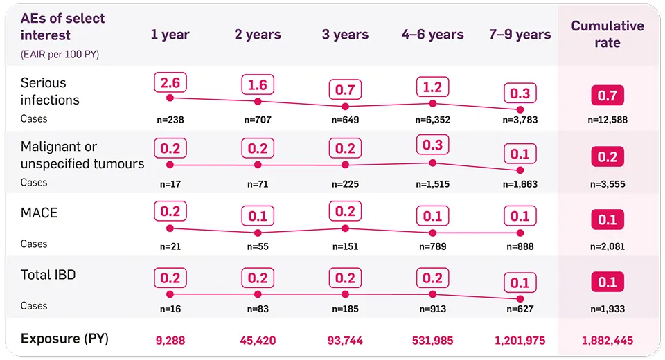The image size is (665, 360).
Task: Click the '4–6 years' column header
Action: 433,35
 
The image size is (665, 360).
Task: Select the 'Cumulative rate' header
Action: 607,35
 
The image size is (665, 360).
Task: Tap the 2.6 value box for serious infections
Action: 170,84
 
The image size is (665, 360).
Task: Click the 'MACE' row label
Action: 39,213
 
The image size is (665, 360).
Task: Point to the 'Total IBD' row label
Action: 48,275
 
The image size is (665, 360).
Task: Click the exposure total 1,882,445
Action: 607,341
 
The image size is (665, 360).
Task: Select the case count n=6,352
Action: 433,120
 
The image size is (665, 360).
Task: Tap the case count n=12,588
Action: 607,120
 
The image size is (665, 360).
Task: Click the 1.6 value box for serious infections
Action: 258,85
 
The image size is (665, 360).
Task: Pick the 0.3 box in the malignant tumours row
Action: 433,144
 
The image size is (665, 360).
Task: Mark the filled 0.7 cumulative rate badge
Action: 607,95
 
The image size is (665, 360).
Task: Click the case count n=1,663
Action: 520,184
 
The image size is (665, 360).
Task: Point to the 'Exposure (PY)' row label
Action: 64,339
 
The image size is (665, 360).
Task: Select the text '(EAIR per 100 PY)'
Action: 60,55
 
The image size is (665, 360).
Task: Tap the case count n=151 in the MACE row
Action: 345,246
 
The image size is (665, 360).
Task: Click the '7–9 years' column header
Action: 520,35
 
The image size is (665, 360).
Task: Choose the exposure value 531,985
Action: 433,341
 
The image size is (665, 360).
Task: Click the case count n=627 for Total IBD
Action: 520,309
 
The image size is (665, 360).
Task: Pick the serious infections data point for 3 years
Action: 345,107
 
